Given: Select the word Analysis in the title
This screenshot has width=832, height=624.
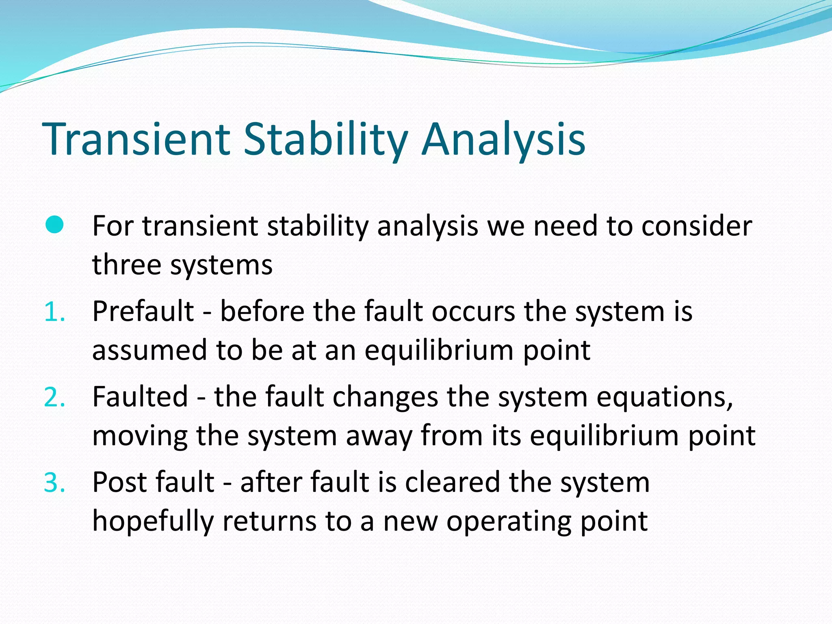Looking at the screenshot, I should pyautogui.click(x=503, y=139).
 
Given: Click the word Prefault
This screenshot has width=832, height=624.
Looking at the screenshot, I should pyautogui.click(x=143, y=311).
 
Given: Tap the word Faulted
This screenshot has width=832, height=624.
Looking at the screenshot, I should pyautogui.click(x=140, y=396).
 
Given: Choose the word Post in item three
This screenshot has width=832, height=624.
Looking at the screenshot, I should pyautogui.click(x=118, y=482).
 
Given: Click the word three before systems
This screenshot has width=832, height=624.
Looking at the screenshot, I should pyautogui.click(x=126, y=264).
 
